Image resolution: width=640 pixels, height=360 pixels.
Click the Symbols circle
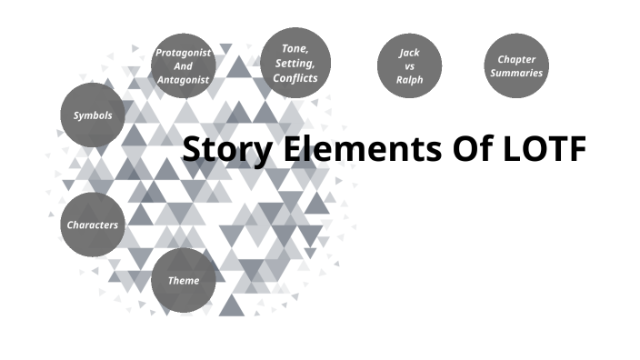[93, 115]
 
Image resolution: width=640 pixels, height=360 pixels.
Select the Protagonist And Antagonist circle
[183, 65]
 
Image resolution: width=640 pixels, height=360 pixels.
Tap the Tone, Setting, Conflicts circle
[295, 62]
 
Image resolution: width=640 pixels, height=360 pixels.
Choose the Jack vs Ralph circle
[409, 65]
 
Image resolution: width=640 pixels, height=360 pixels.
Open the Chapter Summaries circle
[516, 65]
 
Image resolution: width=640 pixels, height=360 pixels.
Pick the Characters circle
[93, 225]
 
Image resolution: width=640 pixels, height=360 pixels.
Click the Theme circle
[184, 280]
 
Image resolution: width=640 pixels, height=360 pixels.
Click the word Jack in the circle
[409, 52]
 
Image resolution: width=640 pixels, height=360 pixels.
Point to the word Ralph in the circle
[409, 80]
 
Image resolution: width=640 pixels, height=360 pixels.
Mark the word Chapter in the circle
[516, 59]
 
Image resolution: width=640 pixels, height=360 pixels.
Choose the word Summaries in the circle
[516, 73]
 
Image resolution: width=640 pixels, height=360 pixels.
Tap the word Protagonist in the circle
[183, 52]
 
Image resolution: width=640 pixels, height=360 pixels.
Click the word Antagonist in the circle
[183, 79]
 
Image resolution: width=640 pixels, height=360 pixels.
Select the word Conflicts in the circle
[295, 77]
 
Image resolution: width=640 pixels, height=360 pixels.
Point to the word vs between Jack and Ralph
[409, 65]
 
